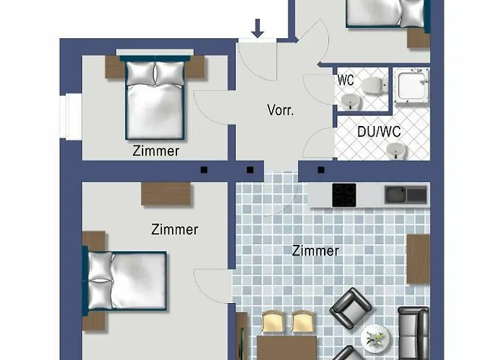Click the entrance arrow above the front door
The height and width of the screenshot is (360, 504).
tap(258, 28)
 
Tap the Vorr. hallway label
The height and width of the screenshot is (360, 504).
tap(280, 110)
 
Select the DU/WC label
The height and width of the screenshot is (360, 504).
tap(379, 132)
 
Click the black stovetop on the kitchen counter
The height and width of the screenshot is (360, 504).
tap(344, 195)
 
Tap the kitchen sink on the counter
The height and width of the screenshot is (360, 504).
tap(406, 195)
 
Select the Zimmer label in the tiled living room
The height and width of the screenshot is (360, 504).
tap(315, 251)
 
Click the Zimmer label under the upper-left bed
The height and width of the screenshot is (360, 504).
tap(156, 151)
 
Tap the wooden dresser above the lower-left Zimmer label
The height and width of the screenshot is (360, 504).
tap(166, 194)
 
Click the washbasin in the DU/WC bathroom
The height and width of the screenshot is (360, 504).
tap(397, 151)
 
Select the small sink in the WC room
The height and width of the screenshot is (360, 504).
tap(351, 102)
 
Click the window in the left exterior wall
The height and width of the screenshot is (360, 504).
tap(71, 117)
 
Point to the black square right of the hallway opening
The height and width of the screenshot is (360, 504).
tap(321, 170)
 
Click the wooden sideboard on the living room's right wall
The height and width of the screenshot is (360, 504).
tap(418, 258)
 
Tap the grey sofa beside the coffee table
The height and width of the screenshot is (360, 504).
tap(413, 333)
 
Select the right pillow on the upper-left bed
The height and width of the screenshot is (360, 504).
tap(170, 73)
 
